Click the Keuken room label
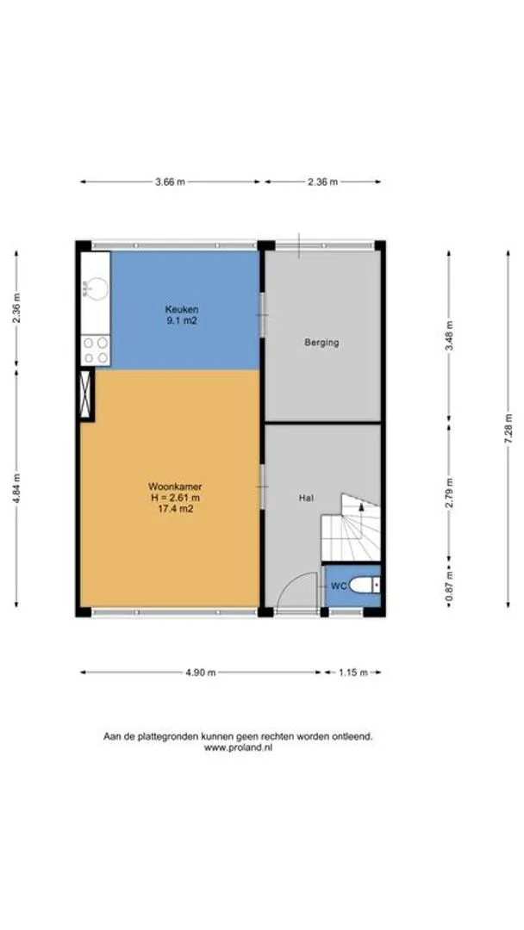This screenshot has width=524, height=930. point(182,309)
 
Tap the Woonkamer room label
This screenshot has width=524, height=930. point(171,487)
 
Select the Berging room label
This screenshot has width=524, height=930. point(321,342)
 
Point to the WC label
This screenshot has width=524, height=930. point(338,586)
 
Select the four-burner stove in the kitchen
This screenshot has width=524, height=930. point(95,350)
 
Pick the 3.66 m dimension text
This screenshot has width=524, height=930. point(171,182)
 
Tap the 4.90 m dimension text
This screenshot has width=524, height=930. point(201,673)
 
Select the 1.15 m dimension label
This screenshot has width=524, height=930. point(353,673)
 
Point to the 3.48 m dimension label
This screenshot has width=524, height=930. point(449,337)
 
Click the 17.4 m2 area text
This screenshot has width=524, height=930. point(171,508)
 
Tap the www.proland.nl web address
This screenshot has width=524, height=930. point(238,748)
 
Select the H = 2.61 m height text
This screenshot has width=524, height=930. point(173,497)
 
